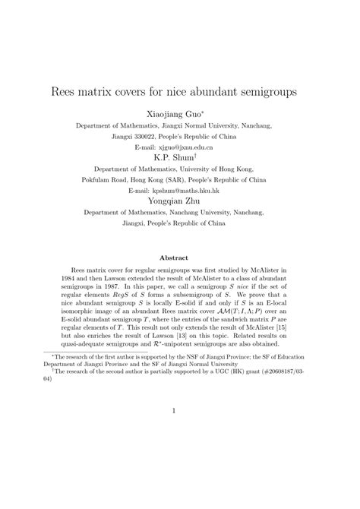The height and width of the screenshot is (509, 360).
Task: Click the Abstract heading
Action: click(x=179, y=258)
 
